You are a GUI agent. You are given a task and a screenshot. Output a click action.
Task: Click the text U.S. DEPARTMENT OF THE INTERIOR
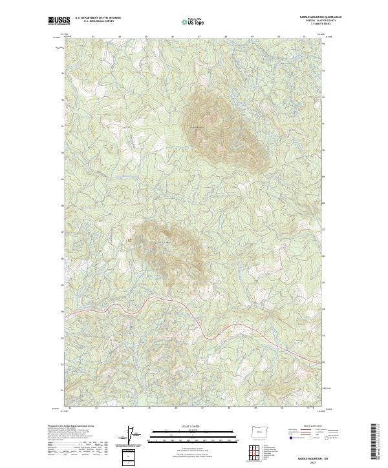[94, 18]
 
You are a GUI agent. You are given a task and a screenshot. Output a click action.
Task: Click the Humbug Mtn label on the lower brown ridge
[163, 243]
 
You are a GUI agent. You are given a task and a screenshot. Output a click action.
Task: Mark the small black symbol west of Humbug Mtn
[129, 240]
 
